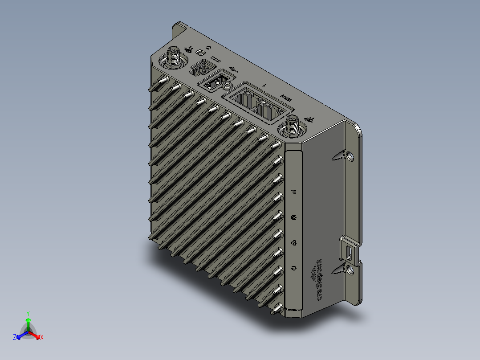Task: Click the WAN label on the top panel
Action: pyautogui.click(x=285, y=96)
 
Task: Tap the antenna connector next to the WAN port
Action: pyautogui.click(x=293, y=126)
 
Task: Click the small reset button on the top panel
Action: pyautogui.click(x=201, y=53)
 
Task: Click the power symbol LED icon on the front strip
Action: pyautogui.click(x=293, y=268)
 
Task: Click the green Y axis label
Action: pyautogui.click(x=28, y=313)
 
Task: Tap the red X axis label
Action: pyautogui.click(x=41, y=338)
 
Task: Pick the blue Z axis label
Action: pyautogui.click(x=15, y=338)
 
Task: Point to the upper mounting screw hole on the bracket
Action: pyautogui.click(x=350, y=156)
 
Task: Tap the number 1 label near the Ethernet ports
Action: pyautogui.click(x=264, y=85)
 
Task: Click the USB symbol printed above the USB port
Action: pyautogui.click(x=234, y=70)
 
